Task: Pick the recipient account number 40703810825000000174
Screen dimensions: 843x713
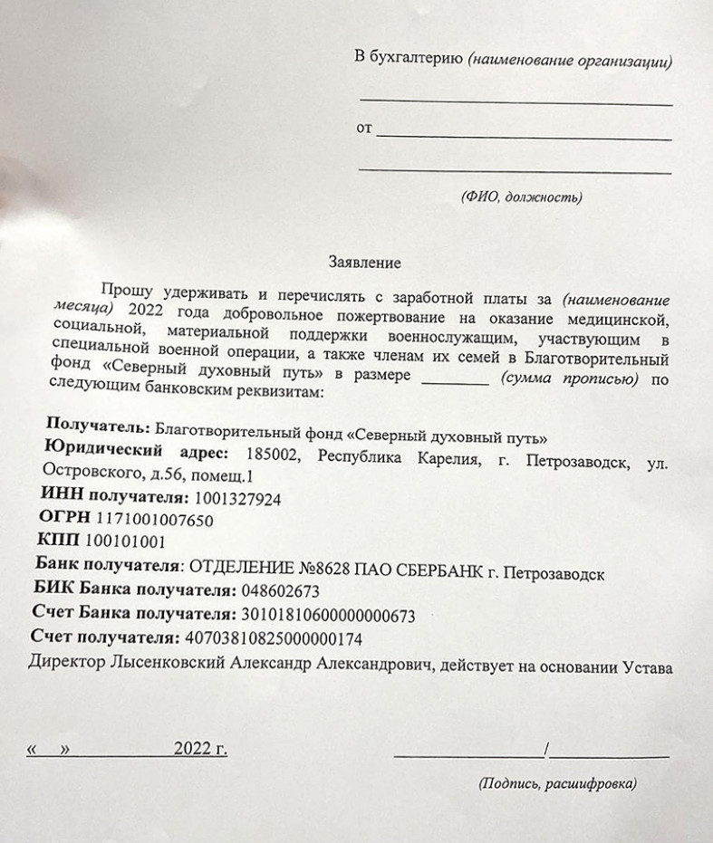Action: (273, 639)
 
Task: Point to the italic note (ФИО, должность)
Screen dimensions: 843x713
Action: (520, 196)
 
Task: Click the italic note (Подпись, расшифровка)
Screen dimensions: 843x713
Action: (557, 783)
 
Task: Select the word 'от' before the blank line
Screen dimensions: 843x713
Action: (364, 129)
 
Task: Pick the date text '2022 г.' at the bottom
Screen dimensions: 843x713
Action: (200, 749)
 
